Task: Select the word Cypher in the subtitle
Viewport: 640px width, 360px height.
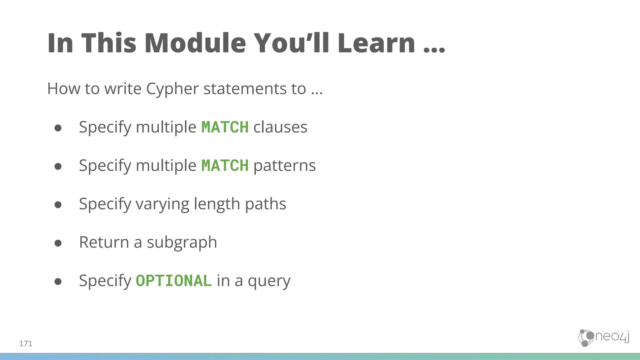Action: [x=172, y=89]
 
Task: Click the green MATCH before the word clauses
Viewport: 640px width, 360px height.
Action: [x=225, y=127]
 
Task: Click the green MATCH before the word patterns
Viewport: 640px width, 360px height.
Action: [x=225, y=166]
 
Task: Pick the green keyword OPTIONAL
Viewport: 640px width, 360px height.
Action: [x=174, y=281]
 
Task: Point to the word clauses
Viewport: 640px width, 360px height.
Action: [x=280, y=127]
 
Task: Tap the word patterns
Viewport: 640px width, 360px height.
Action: [x=284, y=166]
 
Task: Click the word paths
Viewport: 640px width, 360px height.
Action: [x=265, y=204]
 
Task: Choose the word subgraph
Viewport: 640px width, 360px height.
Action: [x=182, y=242]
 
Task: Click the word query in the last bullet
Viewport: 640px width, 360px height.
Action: [x=269, y=281]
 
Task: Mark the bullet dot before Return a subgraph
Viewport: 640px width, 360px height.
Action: [x=58, y=243]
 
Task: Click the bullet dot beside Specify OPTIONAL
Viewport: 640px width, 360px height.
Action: [x=58, y=281]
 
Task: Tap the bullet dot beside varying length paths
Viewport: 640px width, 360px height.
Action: [x=58, y=205]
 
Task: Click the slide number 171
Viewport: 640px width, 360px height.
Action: [x=26, y=344]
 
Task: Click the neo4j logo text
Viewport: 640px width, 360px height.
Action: [x=612, y=337]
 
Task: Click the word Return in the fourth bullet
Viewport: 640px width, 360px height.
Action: [x=104, y=242]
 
